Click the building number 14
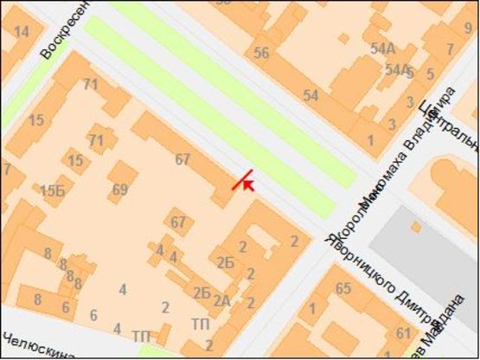pyautogui.click(x=22, y=32)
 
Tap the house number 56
pyautogui.click(x=261, y=53)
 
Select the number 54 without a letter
pyautogui.click(x=310, y=94)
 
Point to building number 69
pyautogui.click(x=120, y=190)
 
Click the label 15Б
pyautogui.click(x=52, y=190)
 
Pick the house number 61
pyautogui.click(x=403, y=333)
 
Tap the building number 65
pyautogui.click(x=342, y=288)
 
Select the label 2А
pyautogui.click(x=221, y=301)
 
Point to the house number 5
pyautogui.click(x=431, y=73)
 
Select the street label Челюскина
pyautogui.click(x=37, y=345)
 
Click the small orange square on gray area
pyautogui.click(x=416, y=228)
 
